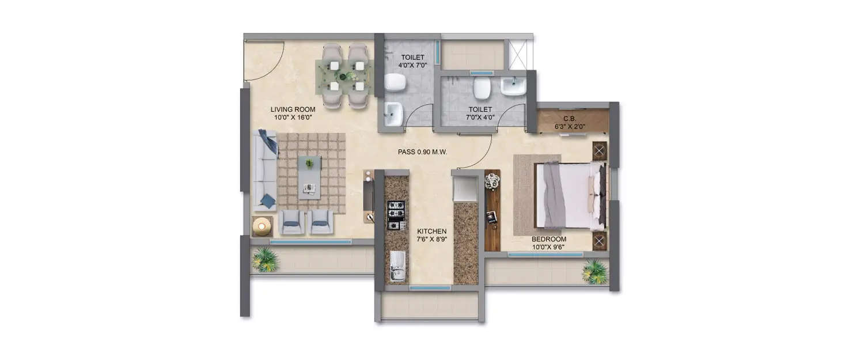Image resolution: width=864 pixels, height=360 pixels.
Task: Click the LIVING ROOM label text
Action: (293, 109)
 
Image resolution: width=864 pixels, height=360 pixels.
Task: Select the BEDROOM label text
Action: (548, 239)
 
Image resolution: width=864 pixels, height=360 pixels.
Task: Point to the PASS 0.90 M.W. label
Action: (423, 152)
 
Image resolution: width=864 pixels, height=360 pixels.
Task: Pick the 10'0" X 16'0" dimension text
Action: (293, 118)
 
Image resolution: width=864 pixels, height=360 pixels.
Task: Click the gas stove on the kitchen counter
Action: (396, 215)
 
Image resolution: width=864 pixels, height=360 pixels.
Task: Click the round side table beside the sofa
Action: (262, 226)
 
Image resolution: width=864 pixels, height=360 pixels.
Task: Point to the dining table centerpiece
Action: (346, 76)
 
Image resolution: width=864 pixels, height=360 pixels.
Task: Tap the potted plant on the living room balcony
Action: (266, 260)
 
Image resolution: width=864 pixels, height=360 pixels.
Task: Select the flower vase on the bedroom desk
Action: (492, 181)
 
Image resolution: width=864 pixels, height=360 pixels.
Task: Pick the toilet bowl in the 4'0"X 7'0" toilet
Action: (395, 83)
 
